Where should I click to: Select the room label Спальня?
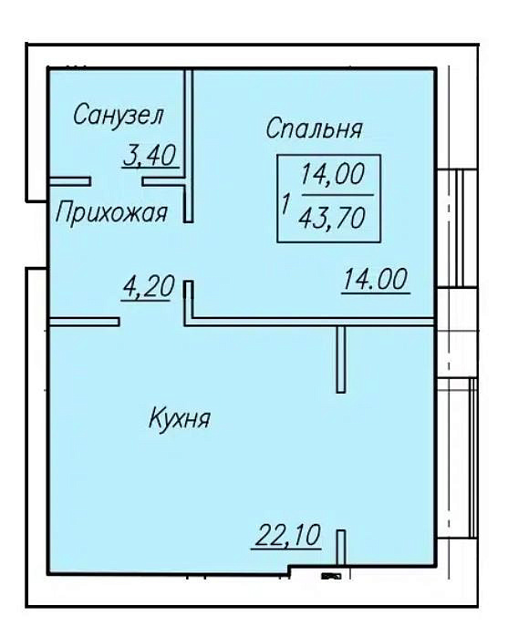tap(314, 128)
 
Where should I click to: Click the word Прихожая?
tap(111, 212)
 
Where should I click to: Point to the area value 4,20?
tap(149, 286)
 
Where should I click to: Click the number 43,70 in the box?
tap(331, 219)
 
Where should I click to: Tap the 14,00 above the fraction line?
tap(333, 174)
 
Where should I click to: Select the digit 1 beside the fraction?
tap(285, 204)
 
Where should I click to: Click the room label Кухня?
tap(179, 418)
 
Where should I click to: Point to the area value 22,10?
tap(287, 535)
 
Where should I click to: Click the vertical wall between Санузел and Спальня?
tap(189, 145)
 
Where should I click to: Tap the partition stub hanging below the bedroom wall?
tap(341, 359)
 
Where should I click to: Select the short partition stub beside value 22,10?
tap(341, 548)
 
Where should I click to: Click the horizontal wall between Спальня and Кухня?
tap(310, 322)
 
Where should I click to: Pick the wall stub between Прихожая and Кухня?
tap(84, 322)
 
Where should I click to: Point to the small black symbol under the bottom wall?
tap(331, 576)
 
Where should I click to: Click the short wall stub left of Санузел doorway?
tap(69, 182)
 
